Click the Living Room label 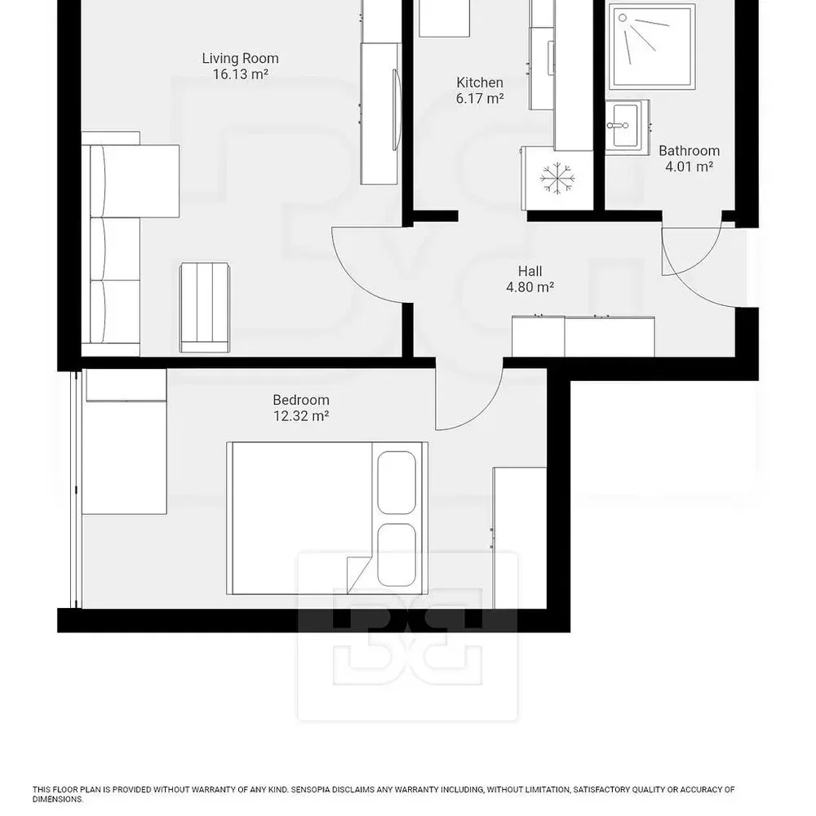pyautogui.click(x=241, y=58)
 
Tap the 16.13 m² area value pyautogui.click(x=241, y=74)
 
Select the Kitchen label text pyautogui.click(x=480, y=82)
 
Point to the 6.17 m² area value pyautogui.click(x=480, y=98)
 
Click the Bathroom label pyautogui.click(x=690, y=150)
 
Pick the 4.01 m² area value pyautogui.click(x=690, y=166)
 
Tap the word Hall pyautogui.click(x=530, y=271)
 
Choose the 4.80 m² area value pyautogui.click(x=530, y=286)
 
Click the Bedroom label pyautogui.click(x=301, y=400)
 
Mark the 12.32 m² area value pyautogui.click(x=301, y=416)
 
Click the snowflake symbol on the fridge pyautogui.click(x=557, y=180)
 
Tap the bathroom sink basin pyautogui.click(x=625, y=126)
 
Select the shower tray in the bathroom pyautogui.click(x=654, y=47)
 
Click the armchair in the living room pyautogui.click(x=205, y=308)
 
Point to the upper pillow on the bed pyautogui.click(x=397, y=482)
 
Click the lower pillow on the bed pyautogui.click(x=397, y=555)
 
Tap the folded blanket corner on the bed pyautogui.click(x=358, y=575)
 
